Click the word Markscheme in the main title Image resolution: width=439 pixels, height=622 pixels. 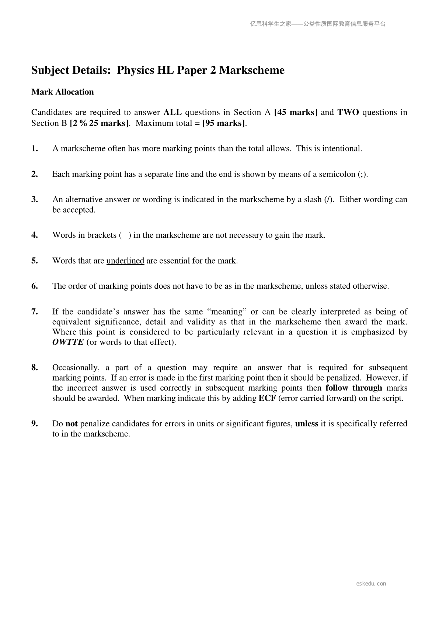252,70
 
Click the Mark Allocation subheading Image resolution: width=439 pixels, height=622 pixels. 63,92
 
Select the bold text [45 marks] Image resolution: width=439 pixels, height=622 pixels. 296,112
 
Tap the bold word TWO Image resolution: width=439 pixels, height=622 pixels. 348,112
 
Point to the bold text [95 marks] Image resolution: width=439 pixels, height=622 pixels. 224,123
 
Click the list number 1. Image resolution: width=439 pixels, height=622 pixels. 35,148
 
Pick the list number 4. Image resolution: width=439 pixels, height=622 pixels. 35,235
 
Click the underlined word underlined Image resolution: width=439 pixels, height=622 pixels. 125,261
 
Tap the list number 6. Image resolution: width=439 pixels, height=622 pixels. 35,286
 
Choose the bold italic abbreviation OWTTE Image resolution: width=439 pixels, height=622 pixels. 68,342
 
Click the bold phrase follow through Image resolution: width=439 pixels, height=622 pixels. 354,388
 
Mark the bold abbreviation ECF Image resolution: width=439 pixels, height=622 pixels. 267,398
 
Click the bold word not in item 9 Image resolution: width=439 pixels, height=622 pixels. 72,423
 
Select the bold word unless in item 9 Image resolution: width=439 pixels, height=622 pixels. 307,423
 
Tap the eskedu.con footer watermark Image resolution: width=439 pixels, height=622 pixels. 371,584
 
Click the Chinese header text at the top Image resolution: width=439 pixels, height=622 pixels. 317,24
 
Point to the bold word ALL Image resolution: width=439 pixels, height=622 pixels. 173,112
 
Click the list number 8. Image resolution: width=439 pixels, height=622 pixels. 35,367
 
